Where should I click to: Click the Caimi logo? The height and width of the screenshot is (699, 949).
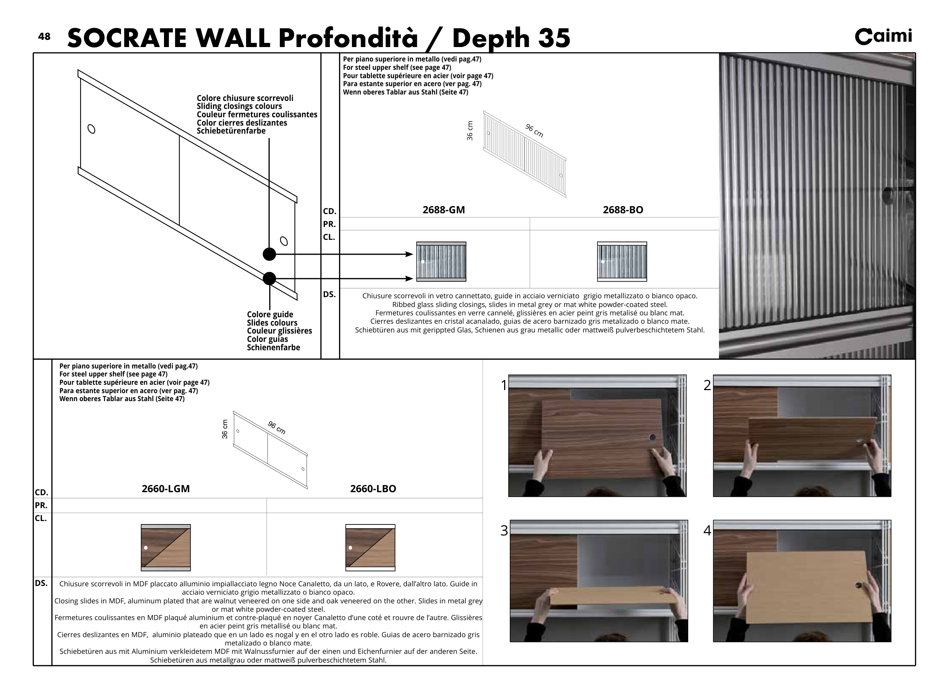883,36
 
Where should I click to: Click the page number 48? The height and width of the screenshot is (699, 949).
44,36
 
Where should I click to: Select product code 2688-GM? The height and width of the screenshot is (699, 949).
444,210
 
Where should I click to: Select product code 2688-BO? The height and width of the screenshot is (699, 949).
623,210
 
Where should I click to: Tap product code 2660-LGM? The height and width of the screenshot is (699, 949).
166,489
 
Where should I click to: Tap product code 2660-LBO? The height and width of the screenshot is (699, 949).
373,489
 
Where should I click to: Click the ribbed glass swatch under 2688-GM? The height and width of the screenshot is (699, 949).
441,261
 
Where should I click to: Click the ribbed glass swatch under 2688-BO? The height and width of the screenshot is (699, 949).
622,261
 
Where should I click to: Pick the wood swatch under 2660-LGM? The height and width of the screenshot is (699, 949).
166,548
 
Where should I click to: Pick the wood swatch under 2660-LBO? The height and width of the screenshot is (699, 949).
370,548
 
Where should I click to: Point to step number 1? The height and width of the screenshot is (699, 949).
504,386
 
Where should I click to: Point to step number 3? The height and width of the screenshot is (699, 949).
504,531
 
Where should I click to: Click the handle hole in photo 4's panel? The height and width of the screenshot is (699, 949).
858,586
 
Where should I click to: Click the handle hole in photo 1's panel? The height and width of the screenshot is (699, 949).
652,437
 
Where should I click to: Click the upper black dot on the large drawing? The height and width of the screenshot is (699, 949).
269,254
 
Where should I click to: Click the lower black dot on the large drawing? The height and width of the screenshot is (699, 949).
269,279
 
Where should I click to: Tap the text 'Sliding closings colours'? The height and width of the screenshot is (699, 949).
239,106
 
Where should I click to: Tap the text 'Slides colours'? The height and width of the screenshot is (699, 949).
272,323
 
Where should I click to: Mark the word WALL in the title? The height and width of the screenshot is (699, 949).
232,38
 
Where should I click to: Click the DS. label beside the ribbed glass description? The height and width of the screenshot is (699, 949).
329,294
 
